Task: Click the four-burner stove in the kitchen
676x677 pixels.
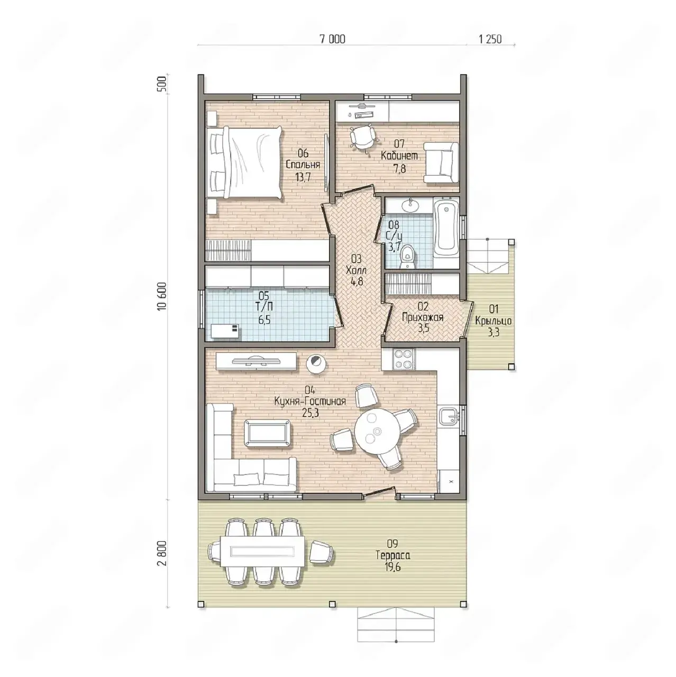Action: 404,359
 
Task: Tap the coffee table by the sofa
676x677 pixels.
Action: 268,433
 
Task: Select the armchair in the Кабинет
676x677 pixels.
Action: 441,163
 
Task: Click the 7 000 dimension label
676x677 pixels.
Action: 332,39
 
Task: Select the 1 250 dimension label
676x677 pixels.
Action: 490,39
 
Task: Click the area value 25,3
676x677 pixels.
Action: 310,413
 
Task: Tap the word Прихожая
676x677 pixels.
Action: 423,317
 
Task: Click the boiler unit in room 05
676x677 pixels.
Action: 225,331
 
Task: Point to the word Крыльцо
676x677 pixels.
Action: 493,321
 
